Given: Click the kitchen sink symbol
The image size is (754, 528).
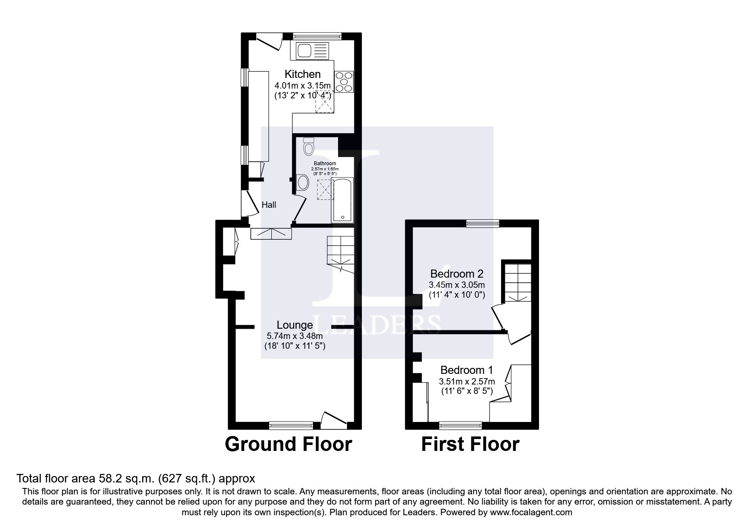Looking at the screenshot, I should (311, 51).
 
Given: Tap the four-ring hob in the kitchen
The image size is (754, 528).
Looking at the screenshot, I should (344, 81).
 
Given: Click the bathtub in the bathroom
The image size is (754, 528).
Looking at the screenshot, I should (342, 201).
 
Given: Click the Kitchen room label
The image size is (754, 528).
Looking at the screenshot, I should (302, 74).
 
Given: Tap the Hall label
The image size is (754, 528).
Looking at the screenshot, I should (269, 205).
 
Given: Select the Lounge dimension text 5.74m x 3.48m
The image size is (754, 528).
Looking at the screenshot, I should (295, 336).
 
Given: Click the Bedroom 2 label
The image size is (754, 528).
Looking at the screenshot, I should (456, 273).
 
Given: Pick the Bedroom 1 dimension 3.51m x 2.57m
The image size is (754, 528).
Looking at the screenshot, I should (467, 381).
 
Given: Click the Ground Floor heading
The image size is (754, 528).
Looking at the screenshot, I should (288, 444).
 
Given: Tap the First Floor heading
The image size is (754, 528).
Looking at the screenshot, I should (470, 444).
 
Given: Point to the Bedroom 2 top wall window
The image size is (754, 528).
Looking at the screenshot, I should (482, 223).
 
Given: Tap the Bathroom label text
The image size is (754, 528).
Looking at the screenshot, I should (325, 164).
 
